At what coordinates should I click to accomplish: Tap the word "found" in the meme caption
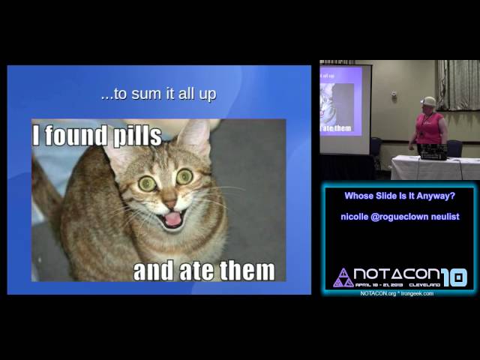click(76, 136)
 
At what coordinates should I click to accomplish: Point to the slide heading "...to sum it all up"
click(158, 95)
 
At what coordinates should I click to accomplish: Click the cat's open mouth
click(172, 218)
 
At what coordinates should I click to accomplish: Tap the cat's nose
click(170, 200)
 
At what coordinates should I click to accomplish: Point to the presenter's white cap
click(429, 101)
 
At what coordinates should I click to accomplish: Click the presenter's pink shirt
click(430, 127)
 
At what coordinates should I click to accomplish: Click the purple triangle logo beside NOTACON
click(343, 277)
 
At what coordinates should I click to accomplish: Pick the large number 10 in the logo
click(454, 277)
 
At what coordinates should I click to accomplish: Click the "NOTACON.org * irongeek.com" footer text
click(397, 293)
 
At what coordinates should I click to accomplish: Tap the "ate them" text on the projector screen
click(336, 128)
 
